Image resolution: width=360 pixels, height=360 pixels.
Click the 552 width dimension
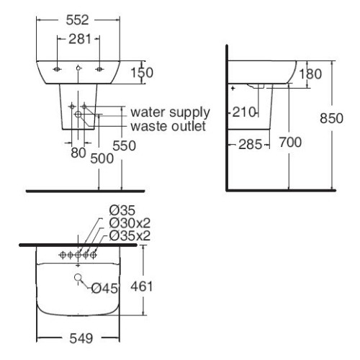click(x=78, y=20)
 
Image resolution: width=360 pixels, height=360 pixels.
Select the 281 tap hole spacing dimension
click(x=80, y=39)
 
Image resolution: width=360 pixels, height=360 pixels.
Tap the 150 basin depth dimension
click(x=142, y=73)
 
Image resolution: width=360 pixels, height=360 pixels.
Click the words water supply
click(x=170, y=112)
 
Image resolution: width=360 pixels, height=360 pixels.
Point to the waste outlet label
click(x=168, y=126)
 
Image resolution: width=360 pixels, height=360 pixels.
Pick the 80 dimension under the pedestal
click(x=78, y=153)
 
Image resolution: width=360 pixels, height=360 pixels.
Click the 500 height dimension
click(x=102, y=158)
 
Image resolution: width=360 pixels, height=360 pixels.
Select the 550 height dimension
click(x=125, y=145)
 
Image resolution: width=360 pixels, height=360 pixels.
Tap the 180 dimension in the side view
click(x=310, y=73)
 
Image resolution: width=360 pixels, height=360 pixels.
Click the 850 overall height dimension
click(x=331, y=118)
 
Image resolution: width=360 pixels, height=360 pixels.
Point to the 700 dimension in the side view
click(x=290, y=142)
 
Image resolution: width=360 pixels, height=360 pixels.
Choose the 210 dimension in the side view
click(x=244, y=112)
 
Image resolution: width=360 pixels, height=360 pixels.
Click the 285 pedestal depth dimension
click(x=250, y=145)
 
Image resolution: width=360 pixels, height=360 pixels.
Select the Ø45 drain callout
click(x=104, y=288)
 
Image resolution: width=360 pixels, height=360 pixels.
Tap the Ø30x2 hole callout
click(x=130, y=223)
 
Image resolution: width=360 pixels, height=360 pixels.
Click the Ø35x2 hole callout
click(x=130, y=235)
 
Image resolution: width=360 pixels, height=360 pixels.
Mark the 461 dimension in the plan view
click(x=142, y=287)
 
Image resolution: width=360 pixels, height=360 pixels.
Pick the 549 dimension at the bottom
click(x=81, y=338)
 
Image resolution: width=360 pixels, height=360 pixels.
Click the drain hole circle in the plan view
click(x=78, y=278)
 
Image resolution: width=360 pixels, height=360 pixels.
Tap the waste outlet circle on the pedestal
click(x=78, y=114)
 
